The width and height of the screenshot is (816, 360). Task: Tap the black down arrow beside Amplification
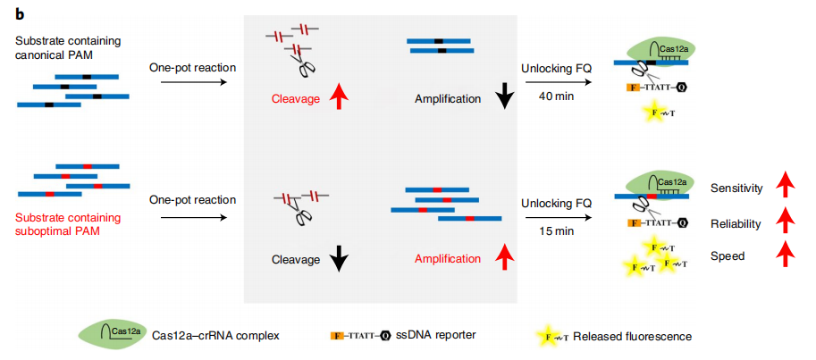[503, 96]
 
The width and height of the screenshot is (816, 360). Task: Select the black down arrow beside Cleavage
[338, 259]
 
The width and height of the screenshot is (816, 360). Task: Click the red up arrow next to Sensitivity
[785, 188]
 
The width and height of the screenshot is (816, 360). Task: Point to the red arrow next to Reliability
[785, 222]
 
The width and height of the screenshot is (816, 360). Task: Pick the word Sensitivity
[736, 188]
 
